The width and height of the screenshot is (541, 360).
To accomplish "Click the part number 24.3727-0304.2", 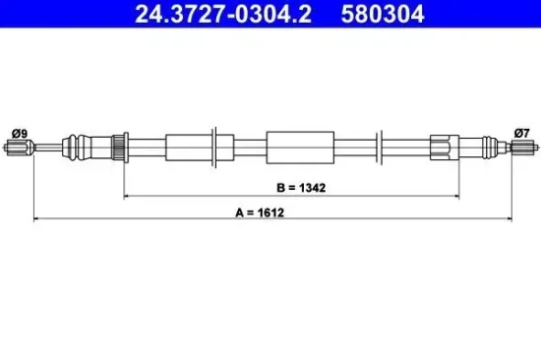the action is pos(223,14).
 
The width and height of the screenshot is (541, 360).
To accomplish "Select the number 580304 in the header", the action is pos(383,14).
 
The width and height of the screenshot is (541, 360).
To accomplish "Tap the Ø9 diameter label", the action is pos(20,134).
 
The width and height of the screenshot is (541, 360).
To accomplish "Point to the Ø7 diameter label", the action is pos(521,133).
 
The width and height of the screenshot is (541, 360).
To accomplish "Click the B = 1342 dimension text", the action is pos(301,188).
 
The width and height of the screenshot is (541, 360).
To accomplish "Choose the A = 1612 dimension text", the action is pos(260,212).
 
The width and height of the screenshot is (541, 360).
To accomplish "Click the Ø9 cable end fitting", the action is pos(20,148).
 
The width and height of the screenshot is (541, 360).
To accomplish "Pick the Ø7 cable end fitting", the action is pos(524,147).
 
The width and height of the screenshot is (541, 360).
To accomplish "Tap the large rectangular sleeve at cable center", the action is pos(300,148).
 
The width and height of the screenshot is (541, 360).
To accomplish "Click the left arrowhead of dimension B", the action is pos(126,196).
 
